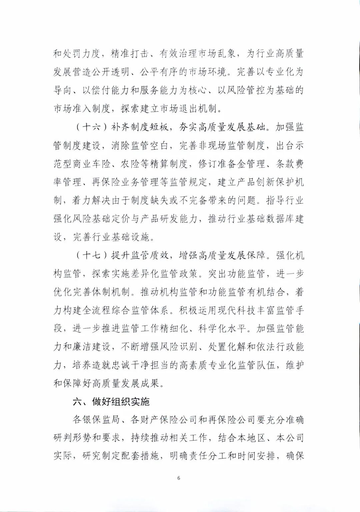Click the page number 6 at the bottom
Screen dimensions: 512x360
coord(179,478)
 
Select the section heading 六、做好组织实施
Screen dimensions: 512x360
coord(111,401)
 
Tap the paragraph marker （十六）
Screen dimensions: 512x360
coord(90,128)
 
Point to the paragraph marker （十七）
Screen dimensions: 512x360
coord(90,255)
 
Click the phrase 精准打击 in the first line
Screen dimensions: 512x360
coord(131,54)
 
